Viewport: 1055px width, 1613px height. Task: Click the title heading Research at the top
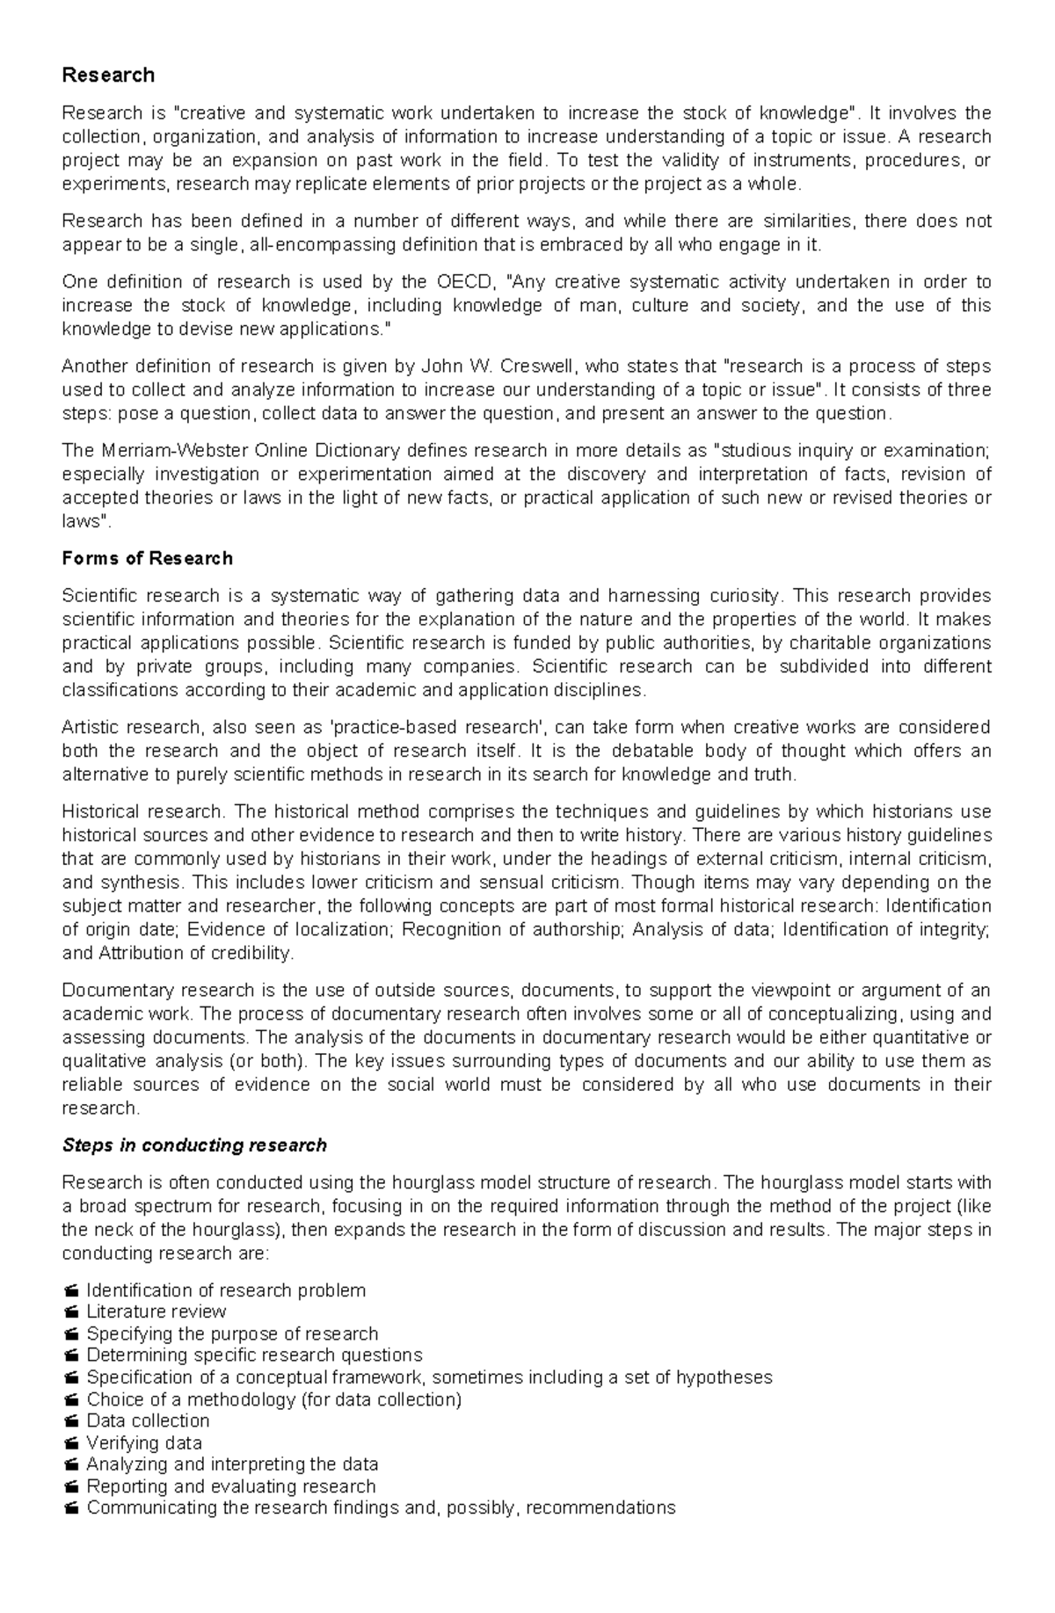click(x=108, y=76)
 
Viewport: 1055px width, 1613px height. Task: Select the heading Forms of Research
click(x=148, y=559)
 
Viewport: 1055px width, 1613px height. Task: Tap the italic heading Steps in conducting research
click(x=194, y=1146)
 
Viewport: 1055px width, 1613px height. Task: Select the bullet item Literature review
click(x=156, y=1312)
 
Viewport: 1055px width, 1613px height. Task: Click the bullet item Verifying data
click(x=144, y=1443)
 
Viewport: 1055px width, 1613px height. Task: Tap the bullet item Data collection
click(x=148, y=1421)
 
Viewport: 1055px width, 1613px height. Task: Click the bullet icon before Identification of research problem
click(x=71, y=1291)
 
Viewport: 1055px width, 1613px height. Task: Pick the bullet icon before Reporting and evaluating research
click(x=71, y=1487)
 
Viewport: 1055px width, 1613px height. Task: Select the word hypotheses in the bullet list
click(x=724, y=1377)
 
